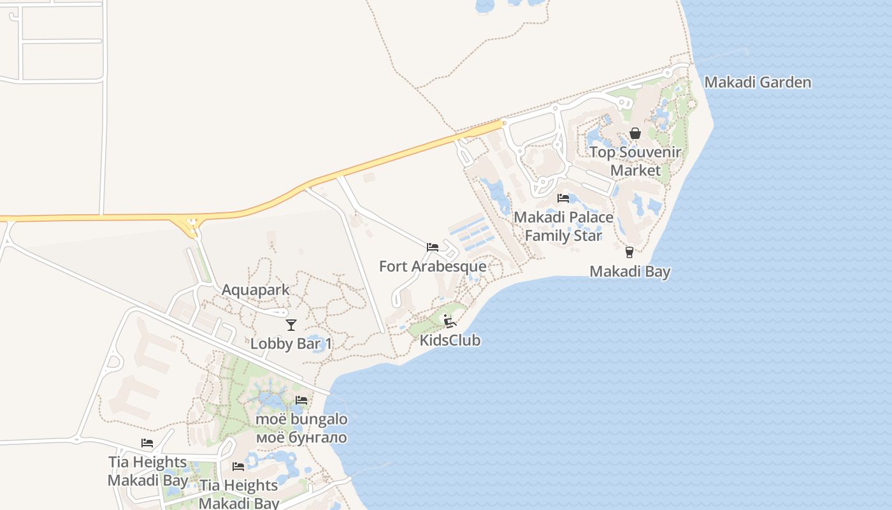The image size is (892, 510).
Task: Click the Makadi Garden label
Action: pyautogui.click(x=758, y=82)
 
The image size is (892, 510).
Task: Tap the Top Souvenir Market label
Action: pyautogui.click(x=635, y=161)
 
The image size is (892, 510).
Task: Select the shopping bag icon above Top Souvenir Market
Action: pyautogui.click(x=635, y=133)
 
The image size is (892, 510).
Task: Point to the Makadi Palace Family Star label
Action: pyautogui.click(x=563, y=226)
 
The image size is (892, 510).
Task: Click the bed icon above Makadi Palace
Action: pyautogui.click(x=563, y=198)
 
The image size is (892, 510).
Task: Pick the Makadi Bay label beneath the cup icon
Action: pyautogui.click(x=629, y=272)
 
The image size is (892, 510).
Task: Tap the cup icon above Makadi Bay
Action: pyautogui.click(x=629, y=252)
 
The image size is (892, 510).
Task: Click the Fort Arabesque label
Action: pyautogui.click(x=433, y=266)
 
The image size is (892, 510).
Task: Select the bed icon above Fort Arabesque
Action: pyautogui.click(x=433, y=247)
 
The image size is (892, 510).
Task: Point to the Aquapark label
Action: pyautogui.click(x=255, y=290)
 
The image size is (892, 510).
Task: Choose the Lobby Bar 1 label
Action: pyautogui.click(x=291, y=344)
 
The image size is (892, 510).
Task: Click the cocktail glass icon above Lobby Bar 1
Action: pyautogui.click(x=291, y=324)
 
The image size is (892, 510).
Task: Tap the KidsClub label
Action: pyautogui.click(x=450, y=340)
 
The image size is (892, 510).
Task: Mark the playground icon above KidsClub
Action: pyautogui.click(x=449, y=321)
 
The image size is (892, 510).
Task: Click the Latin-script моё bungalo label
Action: pyautogui.click(x=301, y=419)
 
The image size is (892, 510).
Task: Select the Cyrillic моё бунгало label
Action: pyautogui.click(x=301, y=438)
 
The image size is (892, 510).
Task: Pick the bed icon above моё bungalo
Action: pyautogui.click(x=301, y=400)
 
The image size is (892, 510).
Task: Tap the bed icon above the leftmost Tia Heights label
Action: pyautogui.click(x=147, y=443)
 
